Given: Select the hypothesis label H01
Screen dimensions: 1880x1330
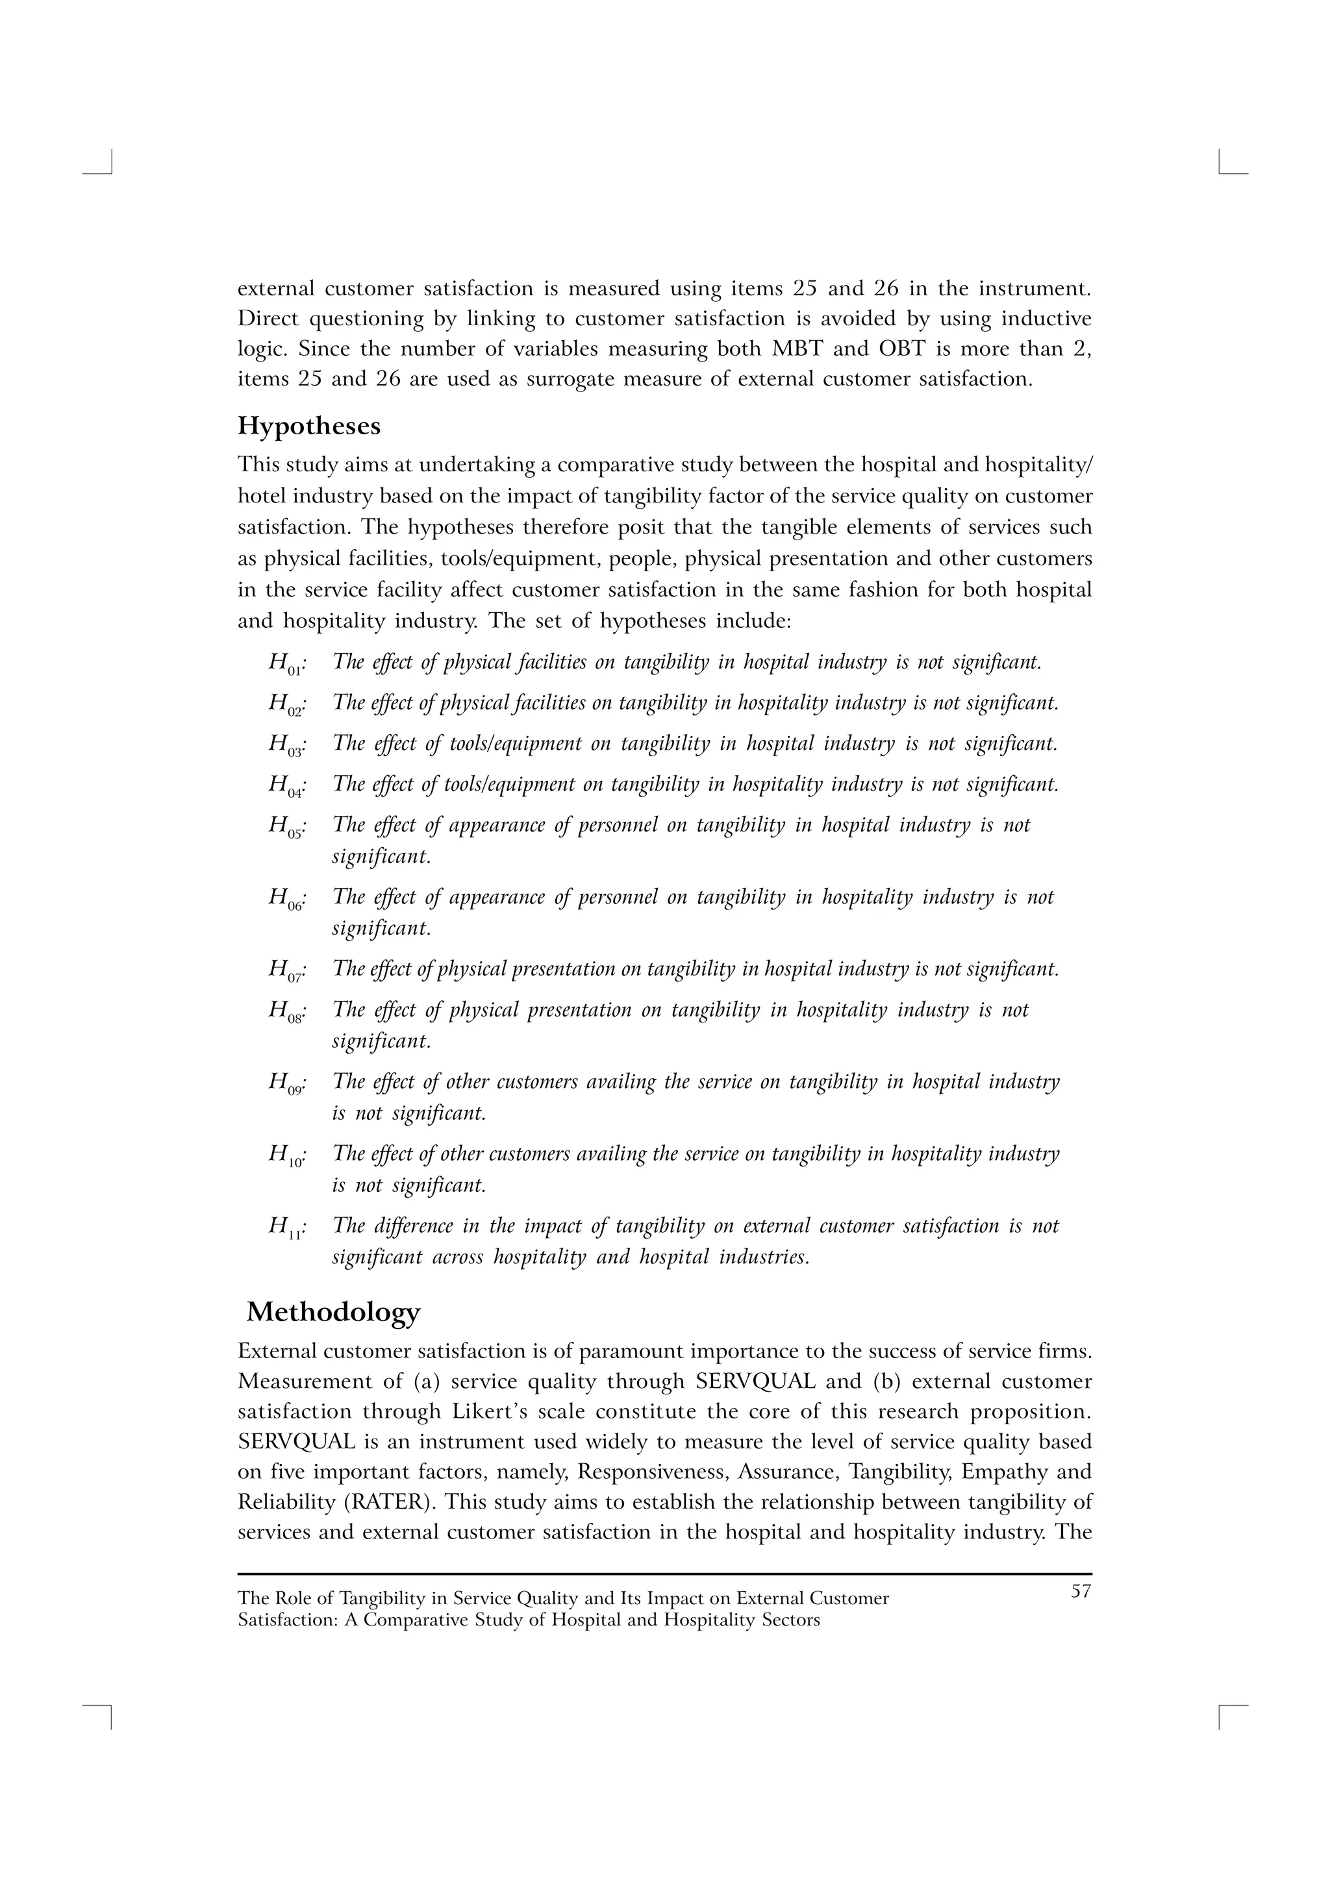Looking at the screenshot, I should (x=286, y=663).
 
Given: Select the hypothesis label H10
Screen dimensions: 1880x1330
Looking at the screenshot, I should (x=286, y=1156).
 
